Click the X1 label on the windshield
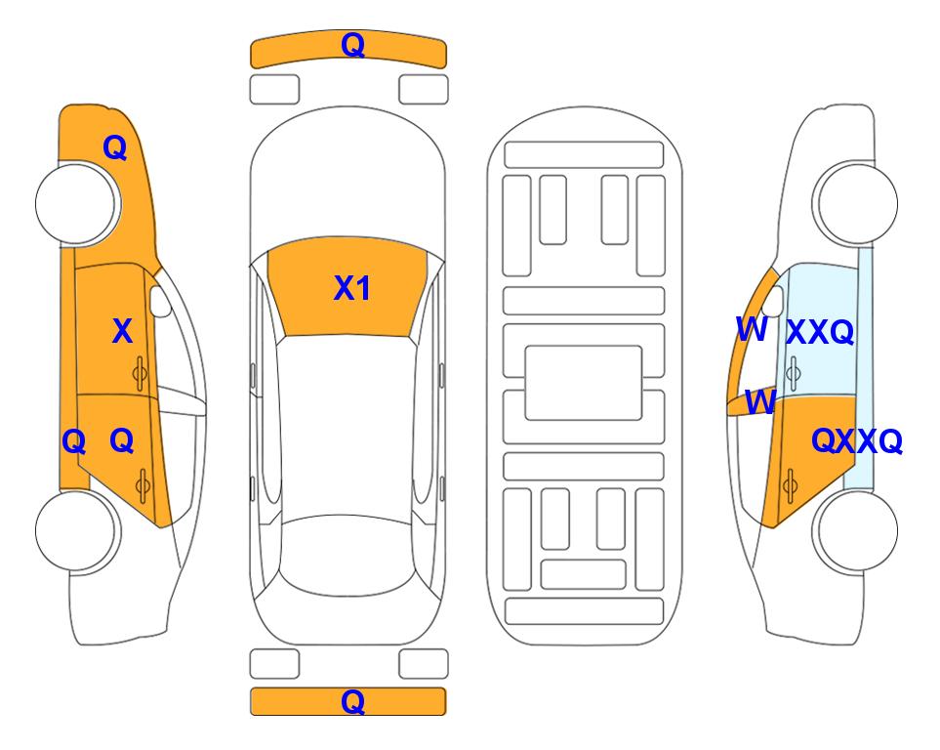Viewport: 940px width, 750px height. click(x=352, y=288)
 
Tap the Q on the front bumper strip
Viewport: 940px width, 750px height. click(x=352, y=45)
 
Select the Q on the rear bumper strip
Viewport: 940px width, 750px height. click(x=352, y=701)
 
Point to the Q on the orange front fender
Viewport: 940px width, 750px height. click(x=114, y=147)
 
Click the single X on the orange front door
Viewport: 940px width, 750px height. click(x=122, y=331)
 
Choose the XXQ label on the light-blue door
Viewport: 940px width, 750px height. click(x=820, y=332)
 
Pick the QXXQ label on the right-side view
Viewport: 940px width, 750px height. click(x=857, y=441)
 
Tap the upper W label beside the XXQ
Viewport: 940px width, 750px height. click(x=752, y=329)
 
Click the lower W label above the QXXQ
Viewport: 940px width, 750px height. click(x=760, y=401)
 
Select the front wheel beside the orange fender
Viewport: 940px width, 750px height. click(x=76, y=204)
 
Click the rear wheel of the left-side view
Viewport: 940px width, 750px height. click(x=76, y=530)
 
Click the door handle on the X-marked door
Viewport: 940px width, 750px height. click(x=140, y=374)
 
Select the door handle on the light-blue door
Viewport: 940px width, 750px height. click(x=793, y=373)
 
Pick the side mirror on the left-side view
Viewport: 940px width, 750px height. click(x=160, y=301)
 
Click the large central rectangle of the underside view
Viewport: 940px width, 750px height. click(x=584, y=383)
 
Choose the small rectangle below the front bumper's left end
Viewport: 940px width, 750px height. click(x=274, y=90)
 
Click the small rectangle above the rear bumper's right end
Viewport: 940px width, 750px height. click(x=424, y=664)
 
